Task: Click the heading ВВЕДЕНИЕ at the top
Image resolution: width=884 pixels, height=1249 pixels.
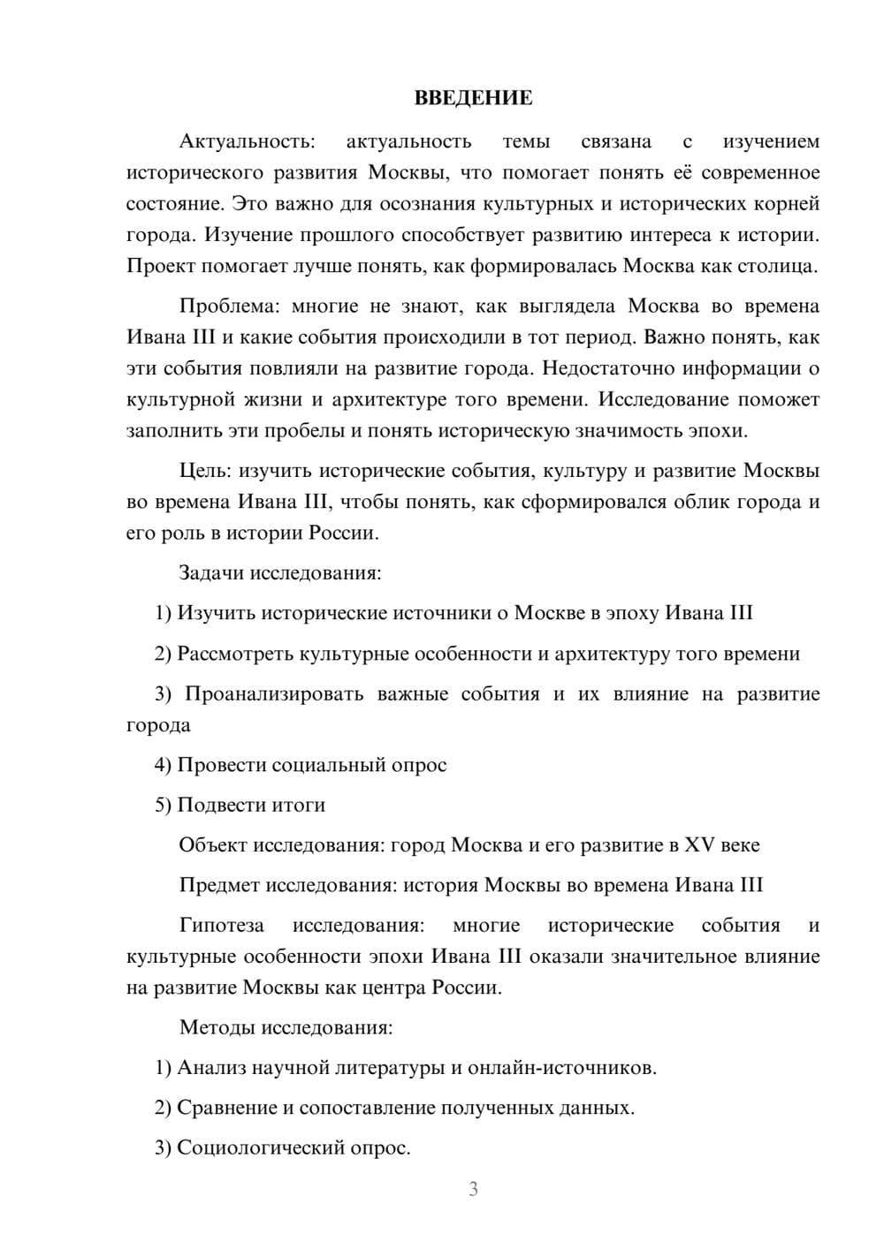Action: [x=473, y=98]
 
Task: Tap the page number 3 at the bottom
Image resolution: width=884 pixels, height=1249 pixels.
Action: [x=473, y=1189]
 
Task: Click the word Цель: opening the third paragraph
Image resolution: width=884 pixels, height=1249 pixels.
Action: [x=206, y=471]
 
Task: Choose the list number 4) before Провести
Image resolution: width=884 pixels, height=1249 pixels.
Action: [x=163, y=765]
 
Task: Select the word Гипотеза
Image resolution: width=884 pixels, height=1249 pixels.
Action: [x=221, y=926]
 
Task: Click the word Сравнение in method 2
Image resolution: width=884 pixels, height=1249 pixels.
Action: [x=226, y=1109]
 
